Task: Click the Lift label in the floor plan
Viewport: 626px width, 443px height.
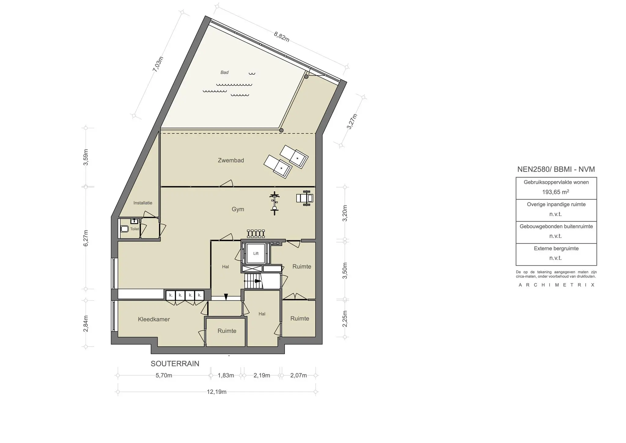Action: click(x=256, y=253)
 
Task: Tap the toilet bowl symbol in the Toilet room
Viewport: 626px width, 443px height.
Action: click(x=124, y=229)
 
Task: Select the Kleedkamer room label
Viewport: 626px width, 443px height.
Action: click(x=154, y=319)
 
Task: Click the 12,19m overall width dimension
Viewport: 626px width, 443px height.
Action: click(x=216, y=392)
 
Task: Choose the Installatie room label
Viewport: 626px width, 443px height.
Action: click(x=143, y=203)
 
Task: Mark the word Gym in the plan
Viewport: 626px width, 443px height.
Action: click(x=238, y=209)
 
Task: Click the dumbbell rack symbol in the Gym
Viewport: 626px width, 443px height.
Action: click(x=256, y=233)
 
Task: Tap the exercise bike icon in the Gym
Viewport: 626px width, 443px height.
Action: click(x=275, y=203)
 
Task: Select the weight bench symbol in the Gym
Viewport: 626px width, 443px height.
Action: click(x=304, y=198)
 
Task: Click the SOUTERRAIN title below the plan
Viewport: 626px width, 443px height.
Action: click(x=175, y=363)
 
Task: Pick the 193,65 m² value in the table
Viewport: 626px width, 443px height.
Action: click(x=556, y=192)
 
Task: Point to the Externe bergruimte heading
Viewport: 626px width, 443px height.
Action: click(x=556, y=248)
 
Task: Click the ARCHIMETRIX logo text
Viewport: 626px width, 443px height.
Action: click(x=556, y=285)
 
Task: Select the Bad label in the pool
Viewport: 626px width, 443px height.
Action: click(x=224, y=73)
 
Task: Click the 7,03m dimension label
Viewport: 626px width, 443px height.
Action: click(x=158, y=64)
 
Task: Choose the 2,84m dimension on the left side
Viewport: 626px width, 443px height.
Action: click(x=86, y=323)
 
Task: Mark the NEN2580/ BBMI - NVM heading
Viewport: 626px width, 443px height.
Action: click(x=556, y=169)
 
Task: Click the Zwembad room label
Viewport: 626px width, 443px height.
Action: click(x=231, y=160)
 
